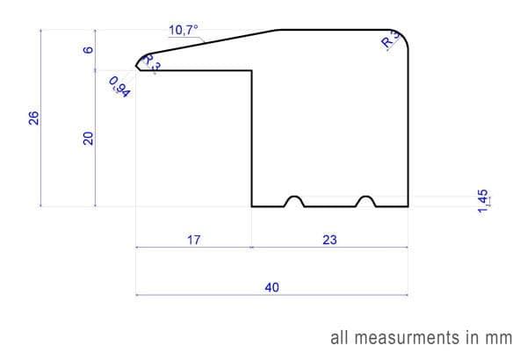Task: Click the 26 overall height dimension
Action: click(x=33, y=118)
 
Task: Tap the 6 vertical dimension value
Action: click(x=87, y=50)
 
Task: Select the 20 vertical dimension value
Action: click(x=88, y=138)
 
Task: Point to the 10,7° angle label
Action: click(x=184, y=30)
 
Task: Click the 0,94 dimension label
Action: click(x=119, y=87)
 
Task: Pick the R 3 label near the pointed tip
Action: click(x=151, y=64)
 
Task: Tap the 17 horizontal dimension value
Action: click(x=194, y=239)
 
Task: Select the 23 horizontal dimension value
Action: click(x=330, y=239)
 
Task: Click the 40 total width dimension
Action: click(x=271, y=287)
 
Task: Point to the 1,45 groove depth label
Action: click(x=483, y=200)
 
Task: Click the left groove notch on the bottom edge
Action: click(x=295, y=201)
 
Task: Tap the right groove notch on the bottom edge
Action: click(x=366, y=201)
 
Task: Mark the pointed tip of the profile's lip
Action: click(x=137, y=63)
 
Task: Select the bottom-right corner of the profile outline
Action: click(x=408, y=206)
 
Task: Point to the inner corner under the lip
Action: click(x=252, y=71)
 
